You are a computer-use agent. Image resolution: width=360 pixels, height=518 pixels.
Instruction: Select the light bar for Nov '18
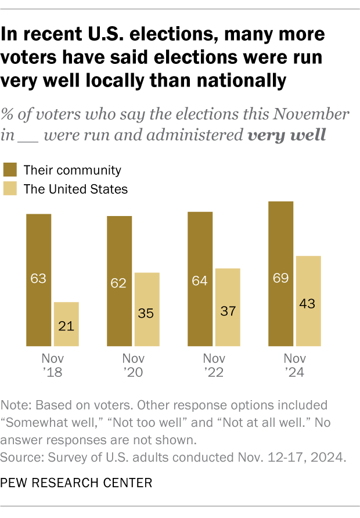point(66,324)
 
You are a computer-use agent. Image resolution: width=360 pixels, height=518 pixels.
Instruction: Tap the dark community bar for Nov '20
point(119,281)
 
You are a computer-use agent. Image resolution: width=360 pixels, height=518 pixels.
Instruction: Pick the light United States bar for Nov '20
point(147,310)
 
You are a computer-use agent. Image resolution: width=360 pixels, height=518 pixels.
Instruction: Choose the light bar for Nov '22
point(228,307)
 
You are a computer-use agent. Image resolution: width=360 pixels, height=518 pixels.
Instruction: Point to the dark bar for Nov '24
point(280,274)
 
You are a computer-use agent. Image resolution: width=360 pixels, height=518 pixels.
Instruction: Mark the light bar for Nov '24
point(308,301)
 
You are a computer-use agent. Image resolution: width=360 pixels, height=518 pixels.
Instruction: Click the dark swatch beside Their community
point(10,170)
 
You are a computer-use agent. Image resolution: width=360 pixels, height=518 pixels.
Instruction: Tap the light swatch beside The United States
point(10,188)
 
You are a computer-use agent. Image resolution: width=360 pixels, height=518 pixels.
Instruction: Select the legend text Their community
point(72,170)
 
